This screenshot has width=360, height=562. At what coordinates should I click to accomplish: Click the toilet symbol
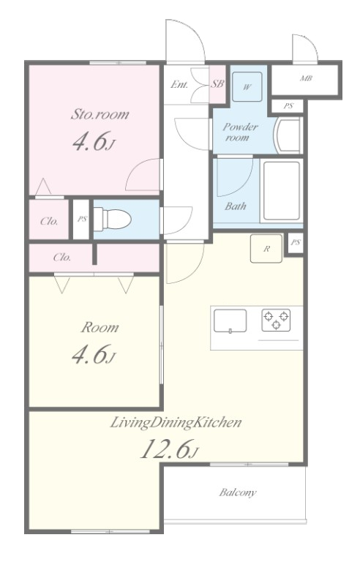point(112,219)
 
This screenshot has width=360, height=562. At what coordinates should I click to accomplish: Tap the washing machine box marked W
point(247,87)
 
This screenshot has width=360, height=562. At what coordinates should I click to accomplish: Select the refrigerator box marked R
point(266,248)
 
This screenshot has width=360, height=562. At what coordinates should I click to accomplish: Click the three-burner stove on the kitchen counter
point(276,320)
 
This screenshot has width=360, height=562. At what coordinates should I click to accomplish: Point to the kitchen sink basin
point(230,321)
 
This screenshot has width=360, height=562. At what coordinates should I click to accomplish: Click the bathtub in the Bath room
point(282,191)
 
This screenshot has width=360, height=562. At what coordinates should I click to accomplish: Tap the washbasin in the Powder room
point(288,135)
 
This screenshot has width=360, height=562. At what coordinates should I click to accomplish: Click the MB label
point(306,78)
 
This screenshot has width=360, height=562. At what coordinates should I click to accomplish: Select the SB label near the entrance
point(217,84)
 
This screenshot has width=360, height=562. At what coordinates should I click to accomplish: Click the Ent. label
point(179,85)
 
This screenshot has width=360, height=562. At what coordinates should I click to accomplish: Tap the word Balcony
point(238,492)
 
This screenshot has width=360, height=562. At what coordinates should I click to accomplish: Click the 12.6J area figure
point(169,449)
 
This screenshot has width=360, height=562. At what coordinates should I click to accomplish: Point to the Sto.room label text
point(100,114)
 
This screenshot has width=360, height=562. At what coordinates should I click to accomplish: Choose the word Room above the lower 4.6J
point(100,327)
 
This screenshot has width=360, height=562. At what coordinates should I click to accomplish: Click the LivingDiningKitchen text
point(176,423)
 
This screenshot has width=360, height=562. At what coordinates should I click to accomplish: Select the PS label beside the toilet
point(82,219)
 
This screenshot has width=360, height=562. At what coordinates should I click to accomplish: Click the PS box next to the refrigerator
point(296,243)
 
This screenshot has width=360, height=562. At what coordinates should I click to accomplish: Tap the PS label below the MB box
point(288,106)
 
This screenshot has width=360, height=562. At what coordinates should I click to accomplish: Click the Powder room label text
point(240,132)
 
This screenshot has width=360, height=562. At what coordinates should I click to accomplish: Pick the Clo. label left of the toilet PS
point(49,221)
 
